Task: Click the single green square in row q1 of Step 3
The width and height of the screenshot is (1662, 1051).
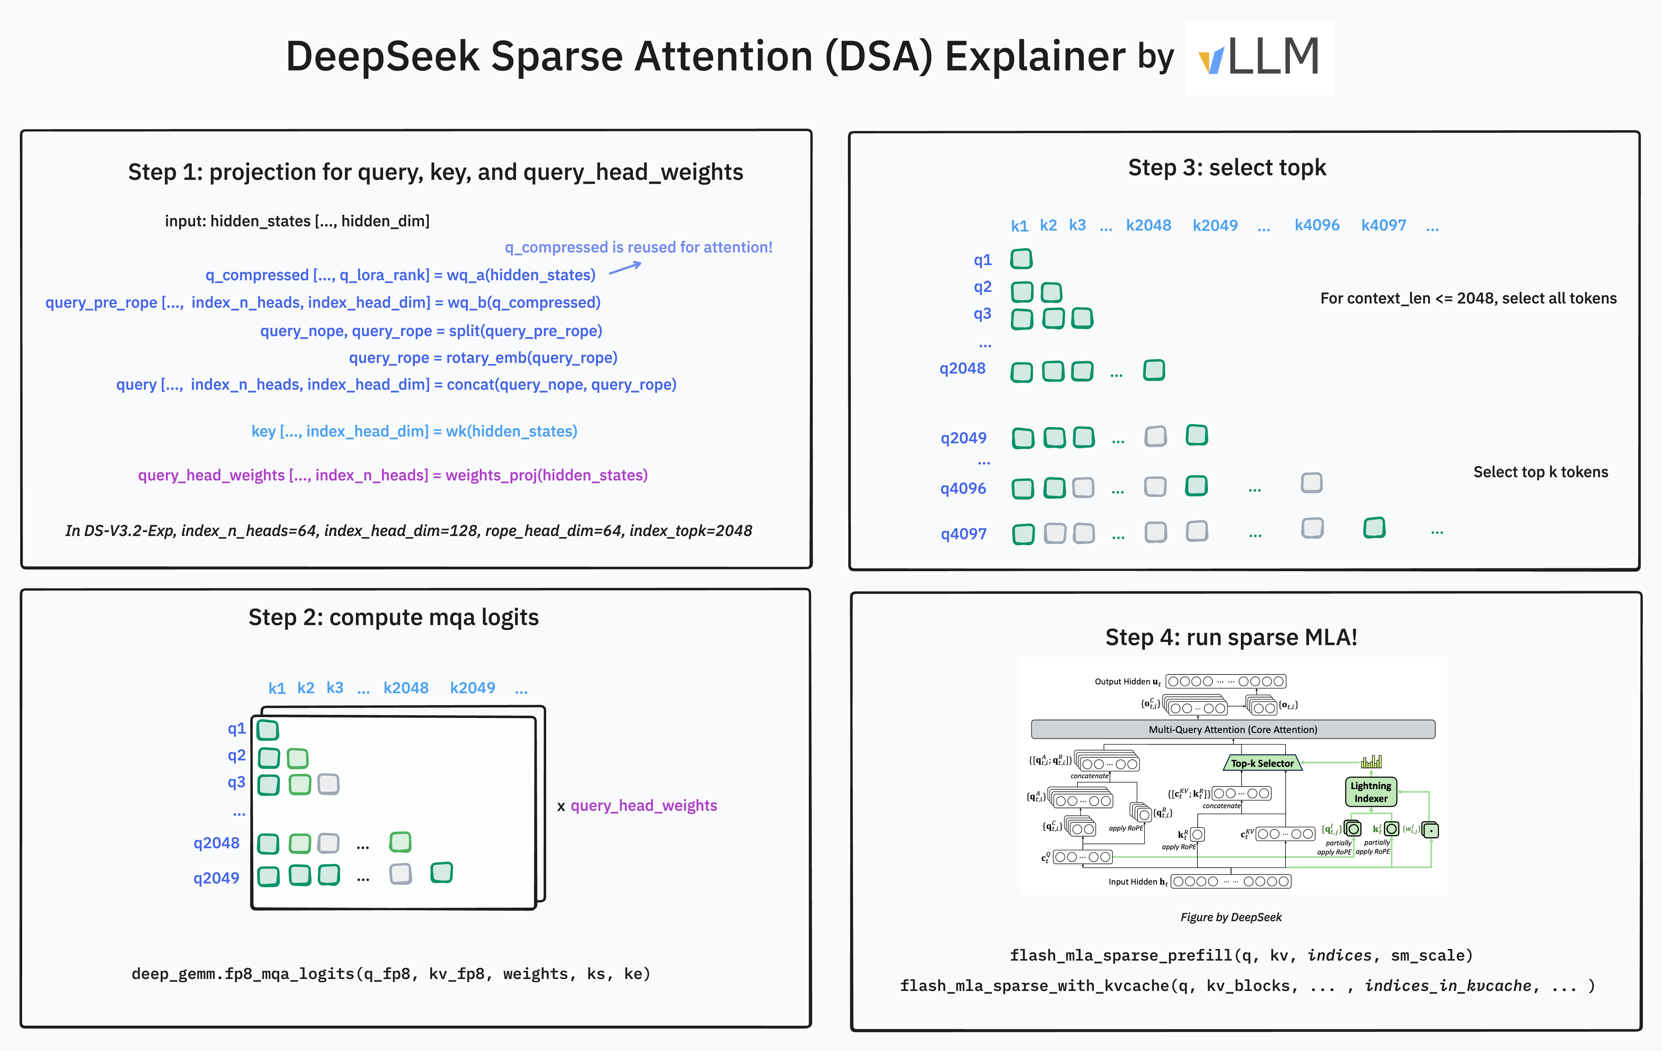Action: [1021, 259]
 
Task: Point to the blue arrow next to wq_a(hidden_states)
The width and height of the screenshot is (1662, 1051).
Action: [625, 268]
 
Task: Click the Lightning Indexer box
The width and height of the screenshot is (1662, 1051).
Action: [1371, 792]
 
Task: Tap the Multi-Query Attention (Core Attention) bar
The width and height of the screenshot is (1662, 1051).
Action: [1233, 729]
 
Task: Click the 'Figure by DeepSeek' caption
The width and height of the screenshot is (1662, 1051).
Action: [1231, 917]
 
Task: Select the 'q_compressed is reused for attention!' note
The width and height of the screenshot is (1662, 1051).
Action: [639, 247]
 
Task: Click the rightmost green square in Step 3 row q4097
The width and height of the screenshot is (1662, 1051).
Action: [1374, 528]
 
